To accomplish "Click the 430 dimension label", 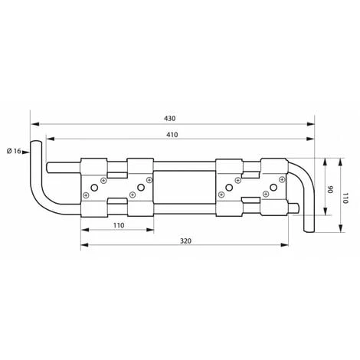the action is (x=170, y=119).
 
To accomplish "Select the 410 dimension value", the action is (x=172, y=135).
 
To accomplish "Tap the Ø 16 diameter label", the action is (x=14, y=151).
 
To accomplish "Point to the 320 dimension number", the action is (x=185, y=241).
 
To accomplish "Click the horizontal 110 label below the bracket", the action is (x=119, y=225).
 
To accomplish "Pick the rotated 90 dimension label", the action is (x=330, y=189).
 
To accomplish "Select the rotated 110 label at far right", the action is (x=345, y=198).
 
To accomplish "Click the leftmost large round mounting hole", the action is (x=94, y=188).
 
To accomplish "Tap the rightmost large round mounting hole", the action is (x=273, y=188).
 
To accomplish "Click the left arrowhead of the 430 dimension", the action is (x=34, y=124).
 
